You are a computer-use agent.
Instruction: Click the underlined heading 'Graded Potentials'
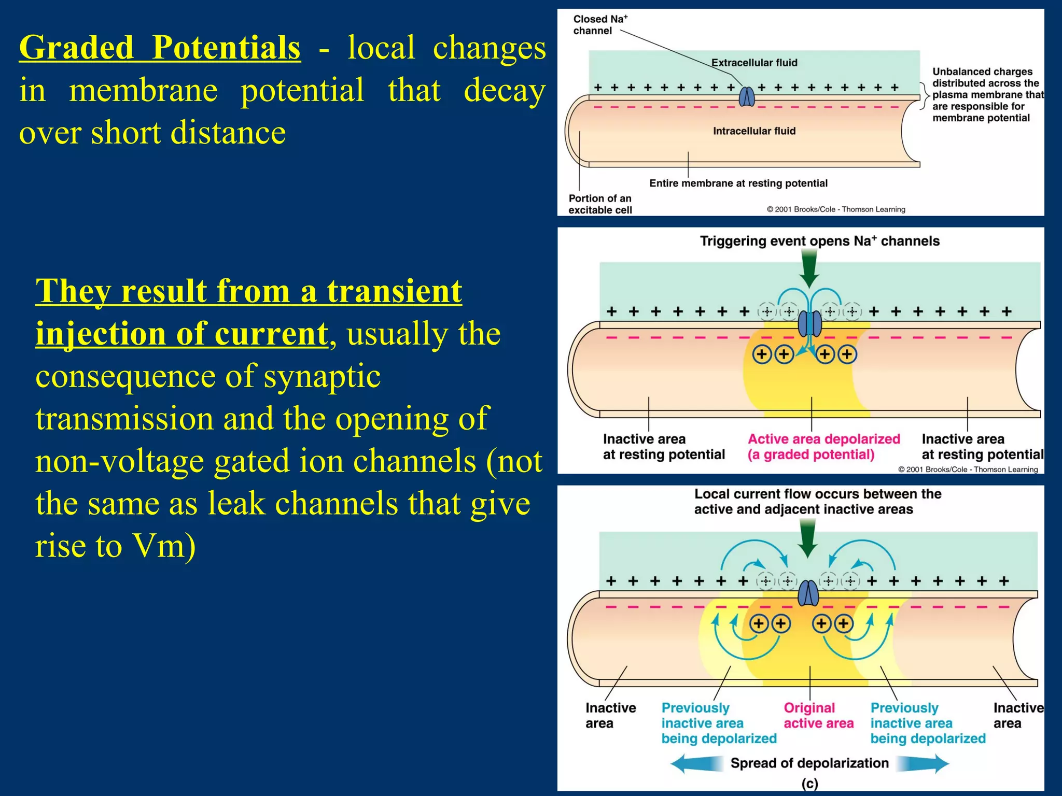pyautogui.click(x=160, y=48)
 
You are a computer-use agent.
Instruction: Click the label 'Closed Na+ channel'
pyautogui.click(x=599, y=25)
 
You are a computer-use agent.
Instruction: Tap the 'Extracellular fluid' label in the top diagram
pyautogui.click(x=754, y=63)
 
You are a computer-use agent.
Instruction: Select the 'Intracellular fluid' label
pyautogui.click(x=754, y=131)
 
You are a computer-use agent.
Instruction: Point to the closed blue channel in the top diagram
pyautogui.click(x=747, y=96)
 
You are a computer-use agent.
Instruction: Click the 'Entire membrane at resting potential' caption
pyautogui.click(x=738, y=183)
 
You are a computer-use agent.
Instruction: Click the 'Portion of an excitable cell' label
pyautogui.click(x=600, y=204)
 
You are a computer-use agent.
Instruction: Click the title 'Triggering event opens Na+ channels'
pyautogui.click(x=819, y=241)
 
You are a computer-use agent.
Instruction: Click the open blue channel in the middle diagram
pyautogui.click(x=809, y=323)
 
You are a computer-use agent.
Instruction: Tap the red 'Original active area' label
pyautogui.click(x=818, y=716)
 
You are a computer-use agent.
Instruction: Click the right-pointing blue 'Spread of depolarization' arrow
pyautogui.click(x=923, y=763)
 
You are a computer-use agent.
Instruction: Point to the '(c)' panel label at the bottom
pyautogui.click(x=809, y=784)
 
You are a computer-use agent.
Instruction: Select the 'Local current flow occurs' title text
pyautogui.click(x=817, y=502)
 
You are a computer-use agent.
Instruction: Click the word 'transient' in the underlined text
pyautogui.click(x=394, y=291)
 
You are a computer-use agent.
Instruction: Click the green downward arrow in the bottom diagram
pyautogui.click(x=807, y=539)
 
